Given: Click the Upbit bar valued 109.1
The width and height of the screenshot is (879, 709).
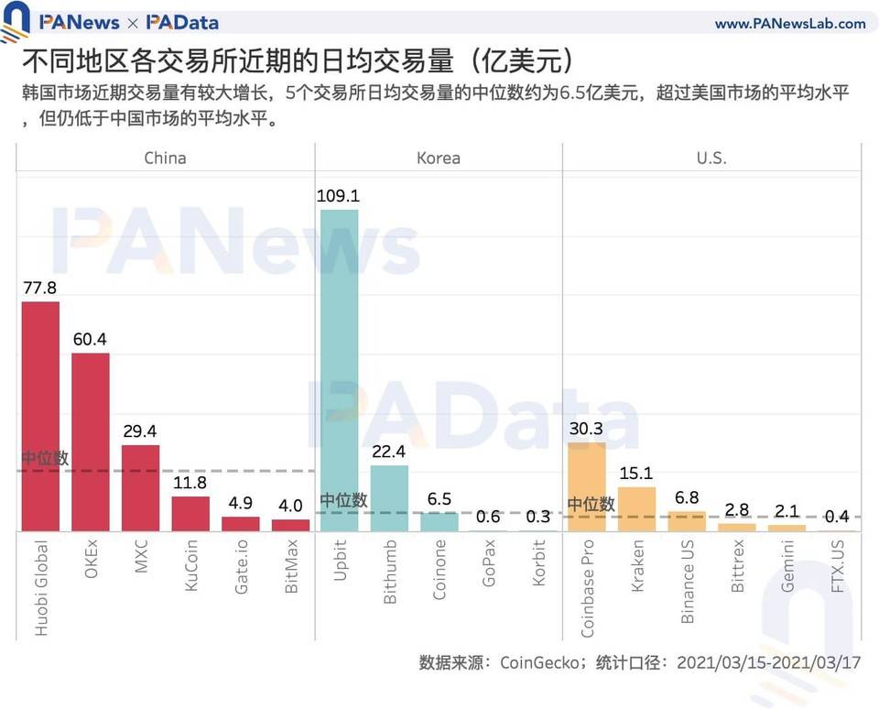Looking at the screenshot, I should (339, 370).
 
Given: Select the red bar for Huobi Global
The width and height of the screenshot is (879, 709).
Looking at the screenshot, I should (40, 417).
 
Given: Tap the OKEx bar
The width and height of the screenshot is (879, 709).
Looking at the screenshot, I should (91, 442).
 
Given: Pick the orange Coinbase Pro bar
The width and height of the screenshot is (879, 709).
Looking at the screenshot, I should (587, 486).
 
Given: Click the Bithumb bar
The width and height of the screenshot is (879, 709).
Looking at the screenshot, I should (389, 498).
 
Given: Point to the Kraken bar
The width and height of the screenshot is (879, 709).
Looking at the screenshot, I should (637, 508).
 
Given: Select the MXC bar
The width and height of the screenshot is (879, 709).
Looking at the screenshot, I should (140, 488).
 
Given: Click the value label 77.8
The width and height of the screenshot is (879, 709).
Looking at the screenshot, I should (40, 288).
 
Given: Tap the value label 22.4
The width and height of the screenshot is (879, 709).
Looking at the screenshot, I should (389, 451).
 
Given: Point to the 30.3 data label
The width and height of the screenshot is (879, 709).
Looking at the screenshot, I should (587, 428).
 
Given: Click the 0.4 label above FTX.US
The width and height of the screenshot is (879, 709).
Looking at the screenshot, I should (836, 517).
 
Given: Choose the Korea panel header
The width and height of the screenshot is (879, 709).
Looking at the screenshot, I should (438, 158).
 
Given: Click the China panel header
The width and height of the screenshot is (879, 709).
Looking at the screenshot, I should (165, 158).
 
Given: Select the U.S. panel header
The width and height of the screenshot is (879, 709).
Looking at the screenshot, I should (711, 158).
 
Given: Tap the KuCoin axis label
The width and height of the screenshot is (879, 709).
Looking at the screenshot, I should (190, 570).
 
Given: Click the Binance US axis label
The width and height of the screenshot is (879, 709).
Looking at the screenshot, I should (687, 582).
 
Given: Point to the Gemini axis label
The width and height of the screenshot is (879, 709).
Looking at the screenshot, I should (787, 569).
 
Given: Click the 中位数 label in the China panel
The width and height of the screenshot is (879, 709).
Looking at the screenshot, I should (45, 458).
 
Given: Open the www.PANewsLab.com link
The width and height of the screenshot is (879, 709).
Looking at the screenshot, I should (789, 24).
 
